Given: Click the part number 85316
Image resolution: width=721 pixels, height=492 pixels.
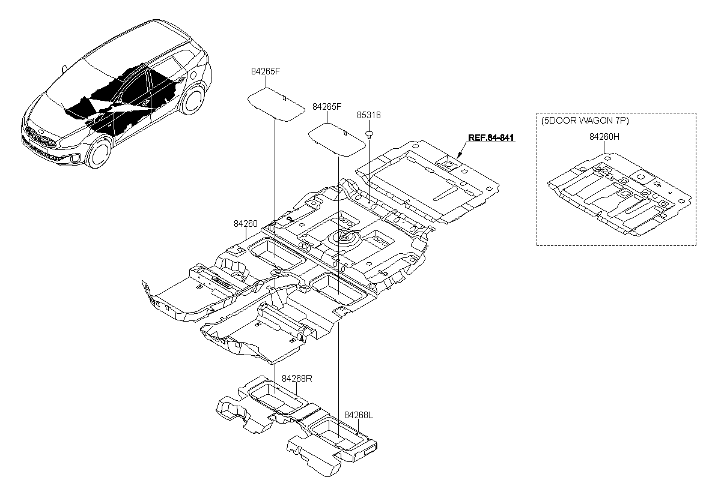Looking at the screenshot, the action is pyautogui.click(x=368, y=115).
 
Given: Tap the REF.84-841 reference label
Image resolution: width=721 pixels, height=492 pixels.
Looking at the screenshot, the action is pyautogui.click(x=491, y=138).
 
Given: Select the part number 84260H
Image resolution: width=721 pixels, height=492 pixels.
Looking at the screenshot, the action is pyautogui.click(x=604, y=137).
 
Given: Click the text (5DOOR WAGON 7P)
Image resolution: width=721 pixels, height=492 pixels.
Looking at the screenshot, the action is pyautogui.click(x=585, y=121).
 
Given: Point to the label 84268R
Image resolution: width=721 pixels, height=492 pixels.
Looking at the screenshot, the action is pyautogui.click(x=297, y=379).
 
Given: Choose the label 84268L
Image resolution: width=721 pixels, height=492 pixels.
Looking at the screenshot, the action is pyautogui.click(x=359, y=415).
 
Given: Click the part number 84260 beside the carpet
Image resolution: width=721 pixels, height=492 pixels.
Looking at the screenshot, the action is pyautogui.click(x=246, y=224).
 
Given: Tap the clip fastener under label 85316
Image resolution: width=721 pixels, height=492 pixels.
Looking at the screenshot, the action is pyautogui.click(x=369, y=134).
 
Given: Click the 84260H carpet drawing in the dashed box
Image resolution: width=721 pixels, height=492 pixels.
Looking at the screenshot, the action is pyautogui.click(x=619, y=194).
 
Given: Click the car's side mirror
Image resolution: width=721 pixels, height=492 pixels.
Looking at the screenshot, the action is pyautogui.click(x=64, y=69).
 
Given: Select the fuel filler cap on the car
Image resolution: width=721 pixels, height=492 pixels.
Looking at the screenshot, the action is pyautogui.click(x=193, y=75).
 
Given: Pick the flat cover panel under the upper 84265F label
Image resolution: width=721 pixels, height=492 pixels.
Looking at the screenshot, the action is pyautogui.click(x=276, y=104).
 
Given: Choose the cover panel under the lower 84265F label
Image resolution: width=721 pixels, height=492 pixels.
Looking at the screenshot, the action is pyautogui.click(x=337, y=140).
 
